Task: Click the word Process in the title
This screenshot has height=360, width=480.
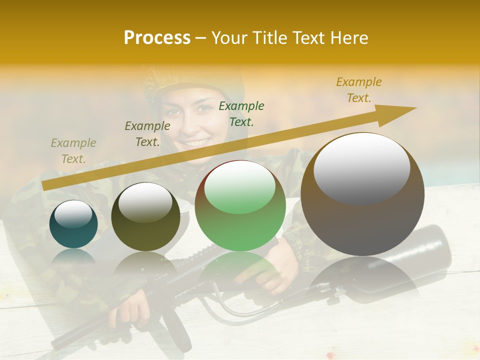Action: [x=157, y=38]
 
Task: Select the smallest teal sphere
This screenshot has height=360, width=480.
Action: [x=73, y=224]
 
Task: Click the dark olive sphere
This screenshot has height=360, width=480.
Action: [x=145, y=216]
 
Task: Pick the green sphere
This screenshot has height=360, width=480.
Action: [x=240, y=206]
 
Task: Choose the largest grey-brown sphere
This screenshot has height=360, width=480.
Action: [x=362, y=194]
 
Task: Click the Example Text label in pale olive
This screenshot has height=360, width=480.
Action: [x=73, y=151]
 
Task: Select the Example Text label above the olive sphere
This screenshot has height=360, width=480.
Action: [x=147, y=134]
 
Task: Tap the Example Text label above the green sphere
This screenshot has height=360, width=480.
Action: [x=241, y=114]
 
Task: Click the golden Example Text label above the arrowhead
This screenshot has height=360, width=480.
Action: [x=358, y=90]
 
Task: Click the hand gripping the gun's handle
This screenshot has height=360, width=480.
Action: [x=127, y=310]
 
